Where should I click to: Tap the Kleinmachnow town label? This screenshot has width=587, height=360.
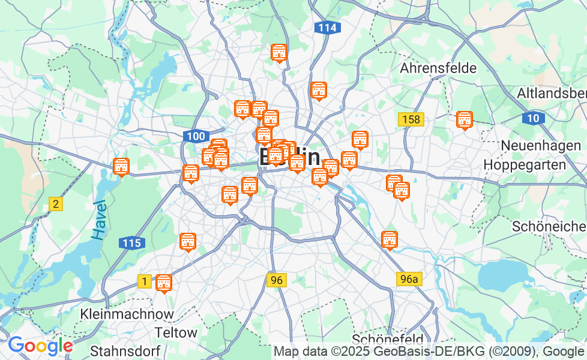pos(127,314)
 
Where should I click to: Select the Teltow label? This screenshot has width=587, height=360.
pos(176,332)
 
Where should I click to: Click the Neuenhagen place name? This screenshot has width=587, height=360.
pos(541,146)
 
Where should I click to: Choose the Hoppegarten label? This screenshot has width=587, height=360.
pos(525,164)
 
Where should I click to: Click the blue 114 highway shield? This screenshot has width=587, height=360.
pos(328,28)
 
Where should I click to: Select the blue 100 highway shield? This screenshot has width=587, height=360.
pos(196,136)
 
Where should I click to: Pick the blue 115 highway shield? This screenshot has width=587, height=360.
pos(131,243)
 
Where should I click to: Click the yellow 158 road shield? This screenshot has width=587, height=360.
pos(411,119)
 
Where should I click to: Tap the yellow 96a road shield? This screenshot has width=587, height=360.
pos(409,279)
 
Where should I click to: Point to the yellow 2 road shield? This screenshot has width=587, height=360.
pos(56,204)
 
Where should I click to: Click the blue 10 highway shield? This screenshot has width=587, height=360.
pos(533,118)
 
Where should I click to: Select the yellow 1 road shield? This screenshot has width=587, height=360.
pos(144,281)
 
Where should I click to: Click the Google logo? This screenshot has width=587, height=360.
pos(40,346)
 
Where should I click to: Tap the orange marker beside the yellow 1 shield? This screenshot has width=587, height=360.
pos(164,283)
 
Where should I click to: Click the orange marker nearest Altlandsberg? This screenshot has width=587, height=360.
pos(465,120)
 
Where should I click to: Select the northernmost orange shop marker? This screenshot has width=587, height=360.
pos(278,53)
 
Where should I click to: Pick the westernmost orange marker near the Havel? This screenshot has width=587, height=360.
pos(121,167)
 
